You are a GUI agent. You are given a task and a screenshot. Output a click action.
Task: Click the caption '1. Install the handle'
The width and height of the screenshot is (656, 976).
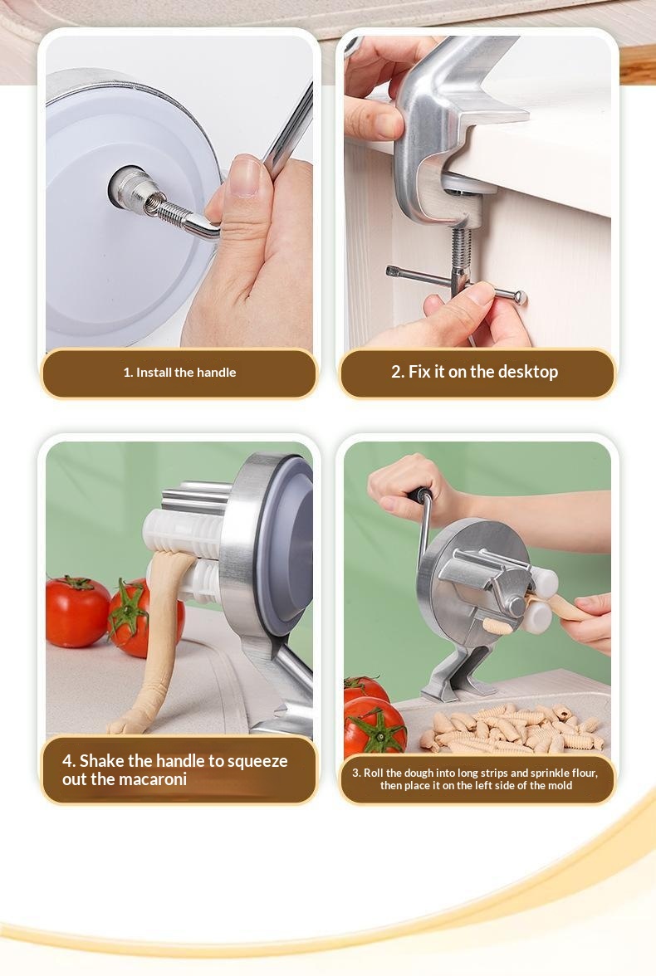click(179, 372)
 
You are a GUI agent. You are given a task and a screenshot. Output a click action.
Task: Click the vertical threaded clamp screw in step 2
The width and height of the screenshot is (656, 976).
click(460, 256)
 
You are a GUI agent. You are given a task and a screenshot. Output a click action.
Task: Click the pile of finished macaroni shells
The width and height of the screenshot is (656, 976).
click(511, 728)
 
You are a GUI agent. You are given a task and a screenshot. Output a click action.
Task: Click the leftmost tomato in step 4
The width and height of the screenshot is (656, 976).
click(77, 611)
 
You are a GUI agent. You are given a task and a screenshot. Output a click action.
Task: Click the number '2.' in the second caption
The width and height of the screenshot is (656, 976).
click(398, 372)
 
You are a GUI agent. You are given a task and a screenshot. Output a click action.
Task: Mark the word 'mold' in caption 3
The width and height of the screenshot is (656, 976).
click(560, 785)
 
